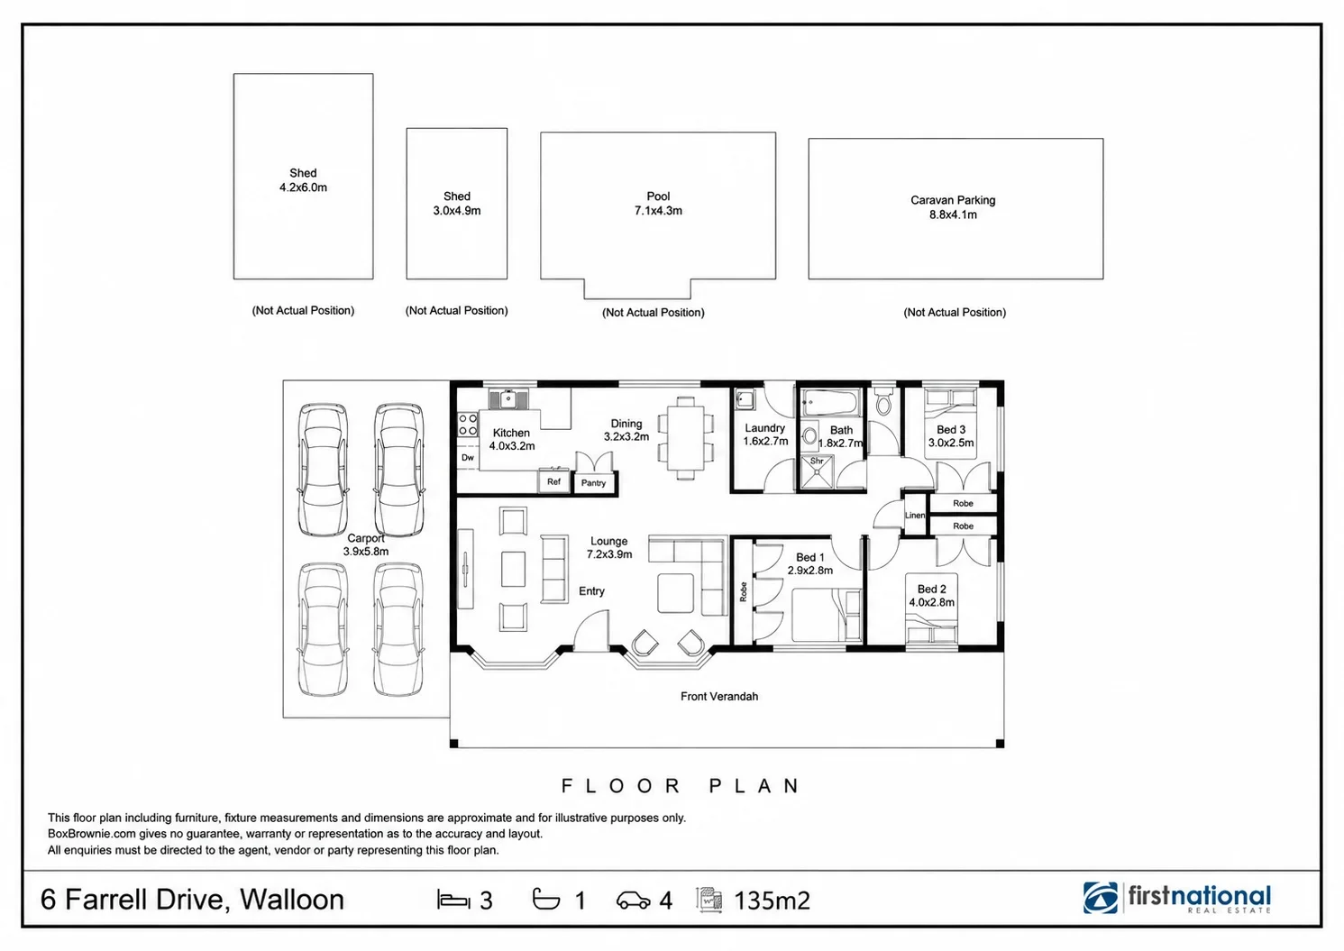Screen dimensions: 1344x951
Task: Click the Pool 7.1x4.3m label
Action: coord(658,204)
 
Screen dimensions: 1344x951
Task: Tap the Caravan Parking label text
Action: coord(953,200)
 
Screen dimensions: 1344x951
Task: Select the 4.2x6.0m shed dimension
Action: coord(303,187)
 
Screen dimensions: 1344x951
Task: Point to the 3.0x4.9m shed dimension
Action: coord(457,211)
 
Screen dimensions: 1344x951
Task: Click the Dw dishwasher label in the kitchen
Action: coord(468,457)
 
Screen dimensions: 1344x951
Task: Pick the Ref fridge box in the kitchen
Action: coord(553,481)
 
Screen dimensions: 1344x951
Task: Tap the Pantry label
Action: coord(593,483)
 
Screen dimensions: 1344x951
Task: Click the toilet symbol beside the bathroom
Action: coord(883,401)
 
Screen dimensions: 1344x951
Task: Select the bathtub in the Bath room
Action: coord(832,403)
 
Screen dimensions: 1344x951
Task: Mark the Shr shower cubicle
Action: coord(818,472)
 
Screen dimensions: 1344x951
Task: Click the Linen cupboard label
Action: coord(915,515)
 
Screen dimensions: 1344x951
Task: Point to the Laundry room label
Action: coord(765,428)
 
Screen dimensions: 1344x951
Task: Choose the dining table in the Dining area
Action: coord(686,437)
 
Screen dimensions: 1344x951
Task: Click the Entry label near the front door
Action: coord(591,591)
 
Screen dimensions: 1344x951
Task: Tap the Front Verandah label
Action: coord(719,696)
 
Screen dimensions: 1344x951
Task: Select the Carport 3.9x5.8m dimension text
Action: coord(365,552)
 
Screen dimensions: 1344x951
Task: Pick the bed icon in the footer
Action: coord(453,899)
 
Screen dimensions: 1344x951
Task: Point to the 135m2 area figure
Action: coord(773,900)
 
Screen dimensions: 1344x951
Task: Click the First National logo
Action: coord(1176,898)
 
